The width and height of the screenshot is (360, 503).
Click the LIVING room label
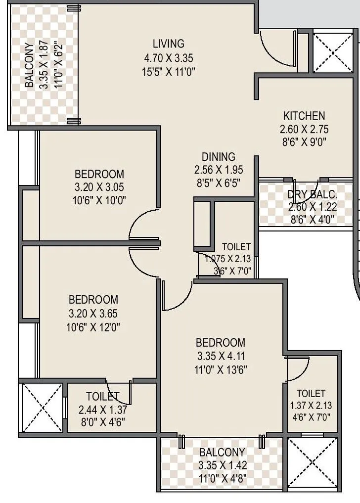pos(168,44)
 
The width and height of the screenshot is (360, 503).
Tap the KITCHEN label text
pos(304,116)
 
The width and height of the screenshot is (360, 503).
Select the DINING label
pos(219,157)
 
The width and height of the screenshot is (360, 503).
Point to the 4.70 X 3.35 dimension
pos(168,57)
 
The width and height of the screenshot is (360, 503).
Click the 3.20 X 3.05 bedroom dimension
pos(99,187)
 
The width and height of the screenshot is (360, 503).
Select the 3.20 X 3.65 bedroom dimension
pos(93,313)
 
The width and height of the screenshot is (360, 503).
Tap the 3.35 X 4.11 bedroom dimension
pos(221,356)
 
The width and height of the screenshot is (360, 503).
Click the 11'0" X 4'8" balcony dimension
pos(222,478)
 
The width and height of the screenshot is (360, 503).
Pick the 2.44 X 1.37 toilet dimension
pos(103,410)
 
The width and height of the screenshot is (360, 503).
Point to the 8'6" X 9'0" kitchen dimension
pos(304,143)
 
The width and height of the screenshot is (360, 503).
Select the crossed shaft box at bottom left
pos(40,407)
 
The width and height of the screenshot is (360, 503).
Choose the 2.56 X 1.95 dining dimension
pos(219,170)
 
